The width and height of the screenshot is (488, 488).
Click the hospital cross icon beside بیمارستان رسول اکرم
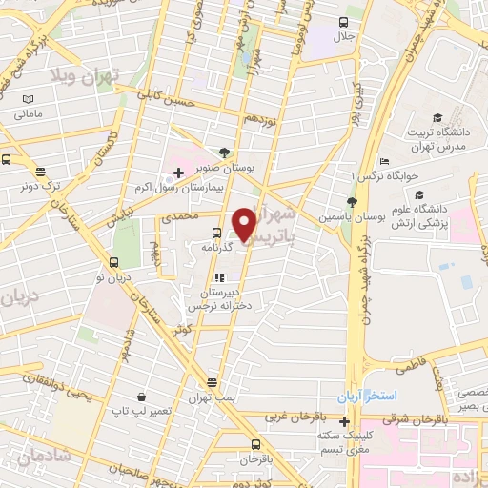[x=167, y=175]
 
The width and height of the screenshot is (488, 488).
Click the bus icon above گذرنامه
[x=217, y=231]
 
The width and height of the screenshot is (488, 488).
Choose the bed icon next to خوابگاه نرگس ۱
[x=384, y=160]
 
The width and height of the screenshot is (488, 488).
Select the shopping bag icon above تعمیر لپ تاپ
[x=141, y=396]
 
